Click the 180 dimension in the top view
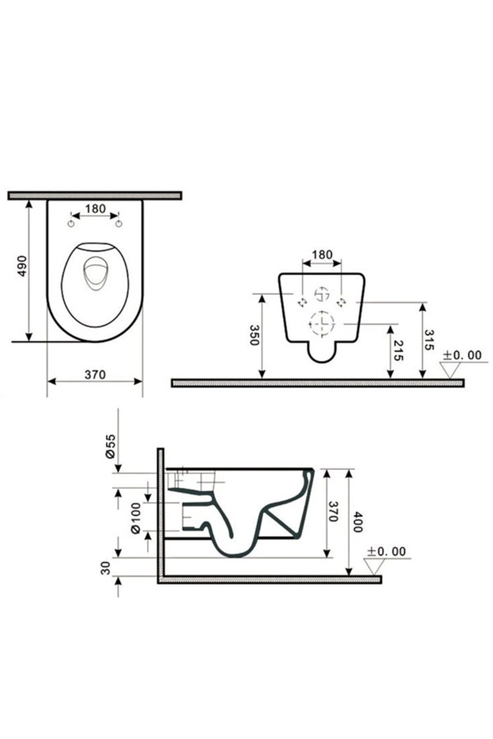pos(95,209)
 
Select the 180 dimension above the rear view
pos(322,255)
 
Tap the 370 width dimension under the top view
pos(95,374)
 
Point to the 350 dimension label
pos(255,335)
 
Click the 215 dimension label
pos(398,350)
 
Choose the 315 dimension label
pos(428,340)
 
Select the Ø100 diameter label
pos(136,519)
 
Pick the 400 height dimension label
pos(357,522)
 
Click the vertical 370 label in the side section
pos(333,511)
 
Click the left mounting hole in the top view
pos(71,224)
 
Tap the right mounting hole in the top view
pos(119,224)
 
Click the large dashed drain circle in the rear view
pos(322,324)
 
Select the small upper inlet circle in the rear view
pos(322,294)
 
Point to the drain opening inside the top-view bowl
pos(94,275)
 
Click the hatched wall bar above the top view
pos(94,195)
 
